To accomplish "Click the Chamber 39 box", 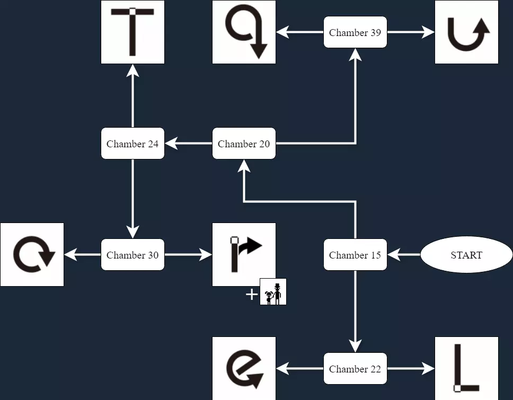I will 355,32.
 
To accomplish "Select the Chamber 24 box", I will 132,144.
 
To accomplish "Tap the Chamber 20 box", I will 244,144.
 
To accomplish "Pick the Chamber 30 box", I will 132,255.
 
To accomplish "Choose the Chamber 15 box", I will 355,255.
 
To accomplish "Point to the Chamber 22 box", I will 355,369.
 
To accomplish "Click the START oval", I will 466,255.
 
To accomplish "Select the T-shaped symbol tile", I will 132,32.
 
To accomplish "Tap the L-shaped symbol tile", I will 466,368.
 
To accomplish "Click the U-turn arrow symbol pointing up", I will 466,32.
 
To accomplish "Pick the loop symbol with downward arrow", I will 244,32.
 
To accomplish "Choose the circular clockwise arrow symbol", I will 32,255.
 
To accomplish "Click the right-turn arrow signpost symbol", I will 244,255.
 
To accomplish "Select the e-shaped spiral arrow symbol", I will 244,368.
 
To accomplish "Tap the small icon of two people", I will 273,292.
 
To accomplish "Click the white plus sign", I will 252,295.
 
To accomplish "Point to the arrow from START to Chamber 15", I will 404,255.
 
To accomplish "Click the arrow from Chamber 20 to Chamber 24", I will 189,144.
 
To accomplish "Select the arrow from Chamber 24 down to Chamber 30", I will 132,199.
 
